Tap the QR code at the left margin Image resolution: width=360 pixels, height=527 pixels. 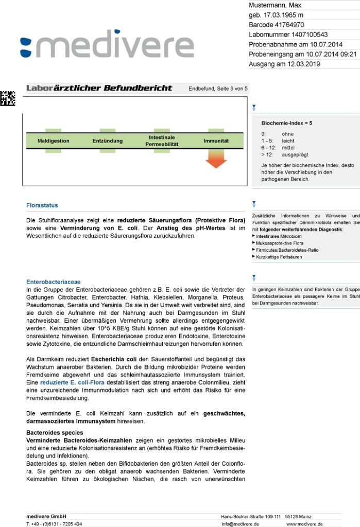7,98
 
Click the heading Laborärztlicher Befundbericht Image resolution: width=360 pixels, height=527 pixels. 99,88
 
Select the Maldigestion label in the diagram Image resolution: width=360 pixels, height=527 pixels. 53,140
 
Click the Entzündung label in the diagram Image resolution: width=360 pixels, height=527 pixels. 108,140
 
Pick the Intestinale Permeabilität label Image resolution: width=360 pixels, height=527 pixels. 162,140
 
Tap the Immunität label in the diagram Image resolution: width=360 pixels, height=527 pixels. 216,140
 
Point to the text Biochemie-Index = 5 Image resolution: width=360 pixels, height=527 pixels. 287,123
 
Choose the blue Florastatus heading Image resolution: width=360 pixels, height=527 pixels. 42,205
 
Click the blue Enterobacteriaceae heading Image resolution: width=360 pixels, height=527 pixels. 54,282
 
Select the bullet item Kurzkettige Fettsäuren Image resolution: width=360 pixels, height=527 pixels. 279,256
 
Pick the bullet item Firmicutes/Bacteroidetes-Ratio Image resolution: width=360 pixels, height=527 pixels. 286,250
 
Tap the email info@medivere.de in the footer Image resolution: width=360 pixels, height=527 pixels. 240,523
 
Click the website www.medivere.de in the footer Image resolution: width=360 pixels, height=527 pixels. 304,523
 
